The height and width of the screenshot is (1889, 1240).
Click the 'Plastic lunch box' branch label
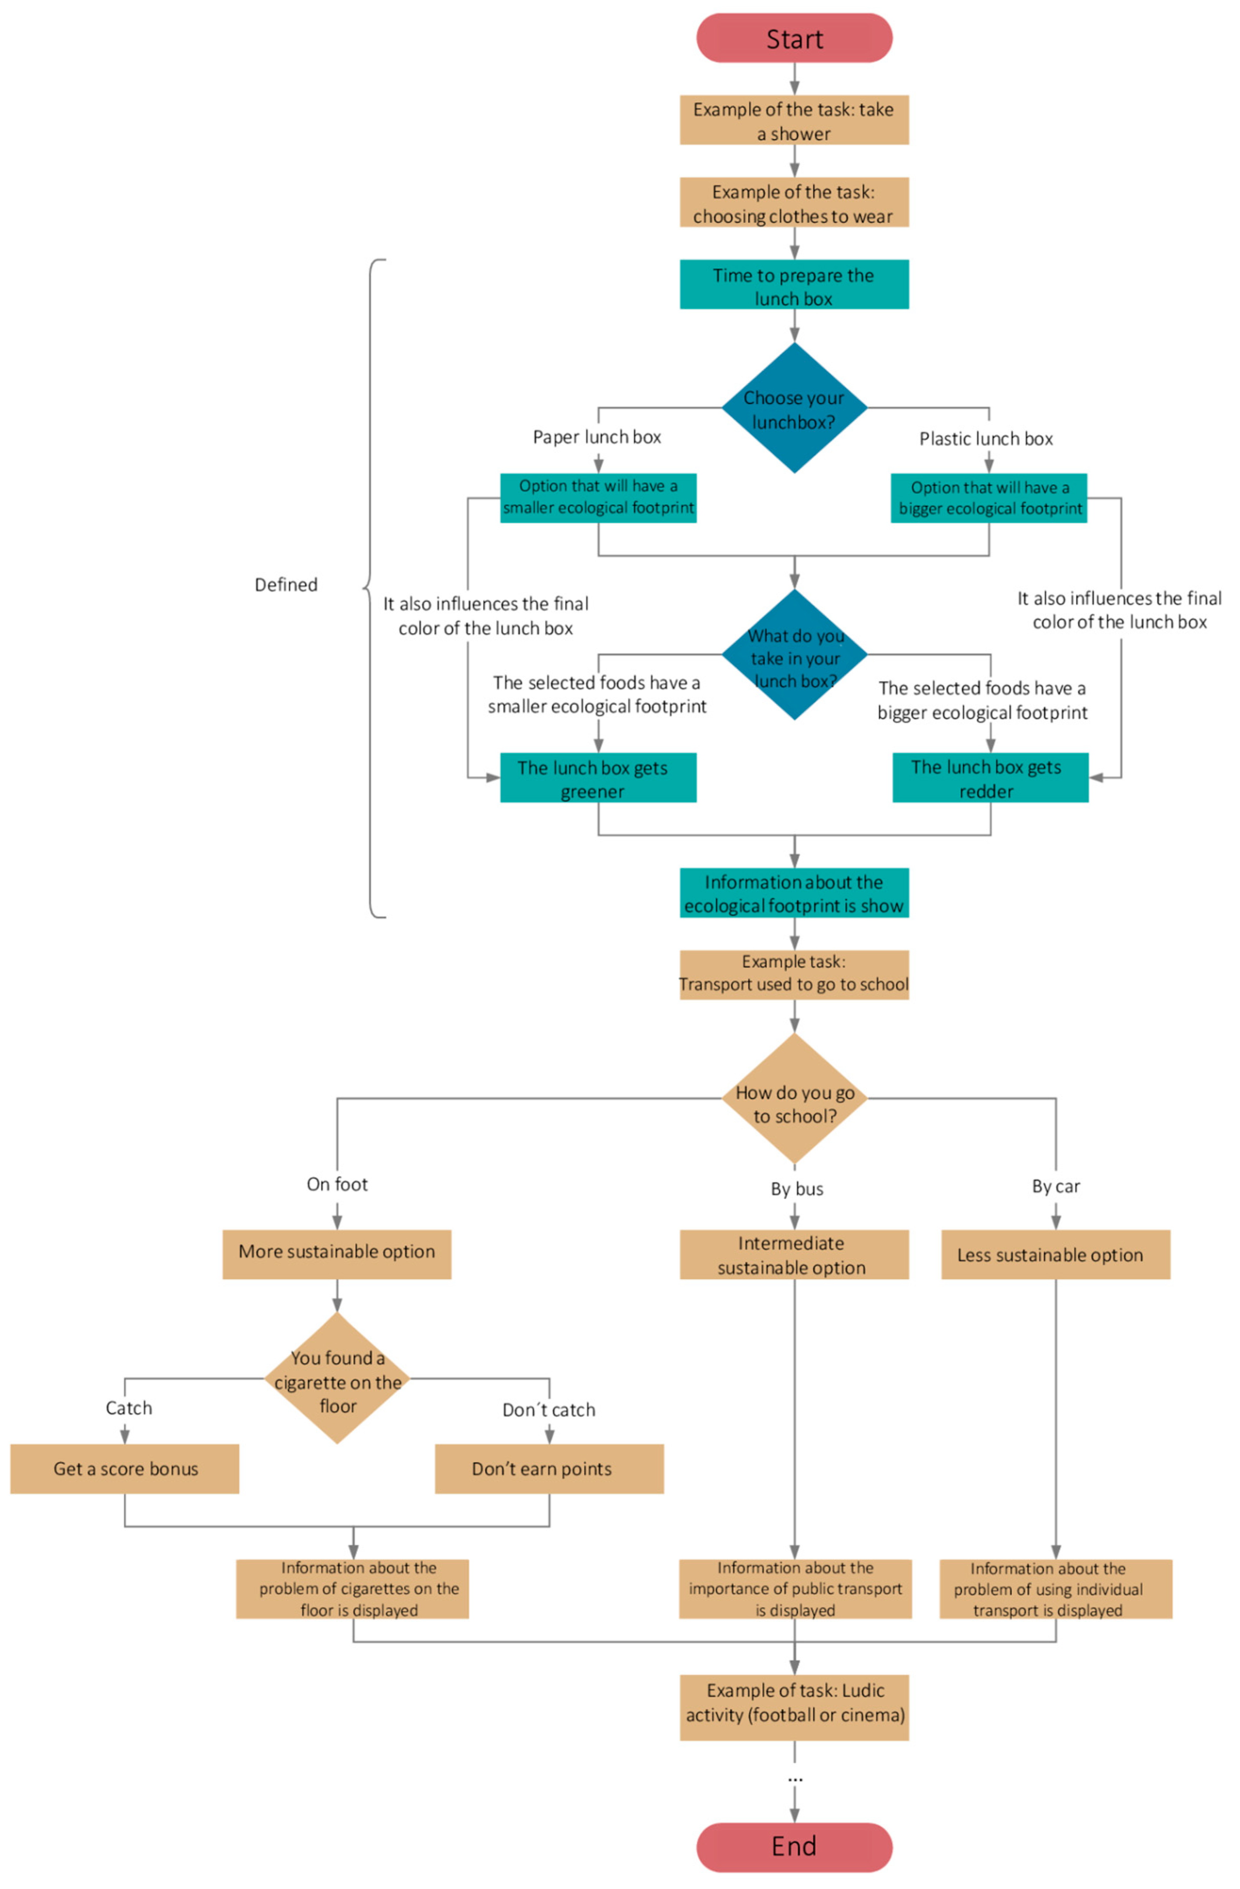[985, 439]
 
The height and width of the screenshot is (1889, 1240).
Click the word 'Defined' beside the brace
[286, 585]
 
